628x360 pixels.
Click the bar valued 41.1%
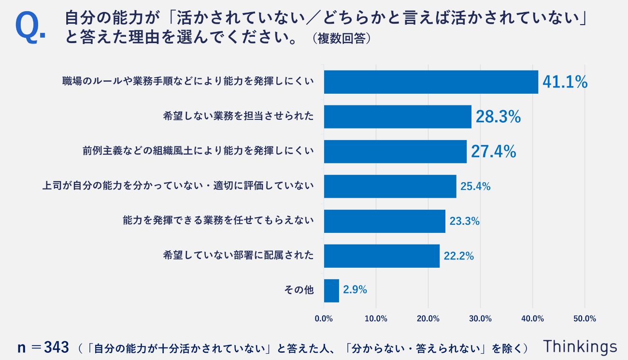431,82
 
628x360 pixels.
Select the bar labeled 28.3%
398,117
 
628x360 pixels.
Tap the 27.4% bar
395,152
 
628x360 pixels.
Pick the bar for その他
331,290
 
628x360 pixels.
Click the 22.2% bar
382,256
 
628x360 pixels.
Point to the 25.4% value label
475,187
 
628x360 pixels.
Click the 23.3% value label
464,221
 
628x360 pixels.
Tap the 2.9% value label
355,290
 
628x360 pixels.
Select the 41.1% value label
565,82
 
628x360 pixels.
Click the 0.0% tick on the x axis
324,319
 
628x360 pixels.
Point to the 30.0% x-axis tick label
481,319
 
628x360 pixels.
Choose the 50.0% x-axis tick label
585,319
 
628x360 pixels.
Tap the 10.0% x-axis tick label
376,319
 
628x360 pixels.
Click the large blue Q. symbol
30,27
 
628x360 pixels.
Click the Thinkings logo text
580,346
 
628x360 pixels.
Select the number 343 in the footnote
57,347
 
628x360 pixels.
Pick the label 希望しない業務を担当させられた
239,117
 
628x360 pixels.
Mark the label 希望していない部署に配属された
239,256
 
